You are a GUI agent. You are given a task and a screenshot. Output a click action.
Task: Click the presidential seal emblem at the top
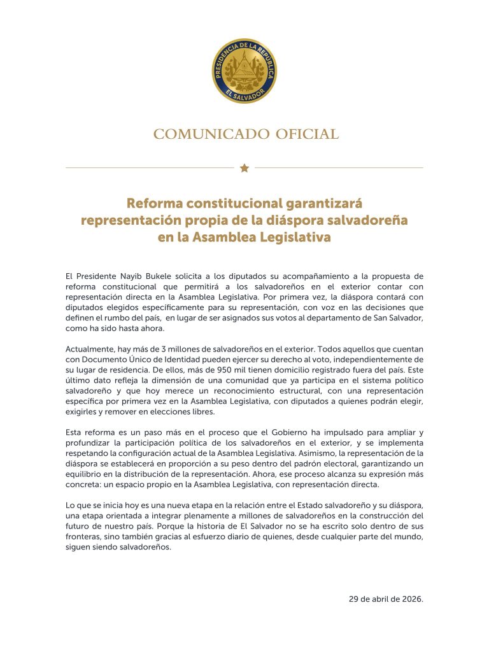244,71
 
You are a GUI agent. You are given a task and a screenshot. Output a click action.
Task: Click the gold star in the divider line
244,168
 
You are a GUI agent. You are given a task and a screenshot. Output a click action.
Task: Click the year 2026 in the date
411,599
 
